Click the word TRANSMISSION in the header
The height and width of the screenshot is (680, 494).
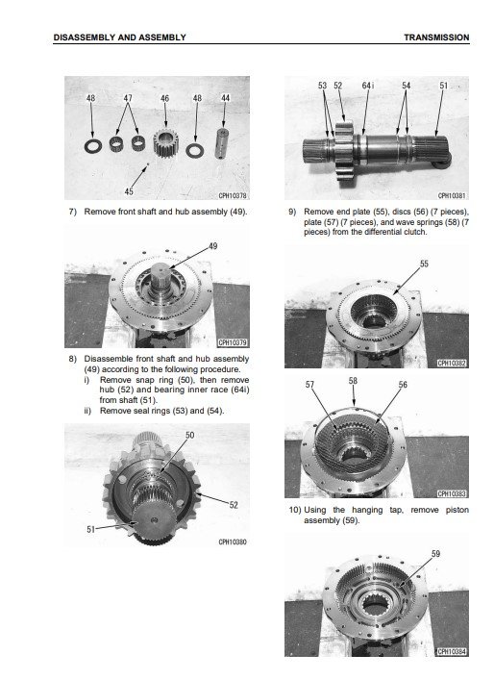(436, 38)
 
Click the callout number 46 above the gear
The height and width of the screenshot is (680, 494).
(164, 98)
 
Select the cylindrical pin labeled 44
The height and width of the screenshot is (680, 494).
(221, 143)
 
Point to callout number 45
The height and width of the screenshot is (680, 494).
(129, 191)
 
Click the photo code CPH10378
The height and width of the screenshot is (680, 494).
(233, 195)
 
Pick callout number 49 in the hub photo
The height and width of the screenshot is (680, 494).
(213, 246)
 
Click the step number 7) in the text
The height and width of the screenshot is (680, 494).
(73, 212)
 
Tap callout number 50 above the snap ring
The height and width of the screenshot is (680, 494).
(189, 435)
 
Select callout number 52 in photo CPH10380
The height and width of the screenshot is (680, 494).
(234, 505)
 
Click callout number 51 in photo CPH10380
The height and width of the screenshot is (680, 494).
(90, 529)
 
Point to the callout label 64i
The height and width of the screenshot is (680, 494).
(367, 86)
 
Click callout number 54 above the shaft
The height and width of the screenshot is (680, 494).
(406, 86)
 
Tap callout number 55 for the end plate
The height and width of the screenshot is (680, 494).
(424, 264)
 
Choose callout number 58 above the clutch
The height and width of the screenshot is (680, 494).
(353, 381)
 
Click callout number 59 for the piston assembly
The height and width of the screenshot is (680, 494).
(435, 554)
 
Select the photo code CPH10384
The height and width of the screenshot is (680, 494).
(452, 652)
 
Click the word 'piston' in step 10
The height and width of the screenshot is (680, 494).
(457, 510)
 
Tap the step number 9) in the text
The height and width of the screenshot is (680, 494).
(292, 212)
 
